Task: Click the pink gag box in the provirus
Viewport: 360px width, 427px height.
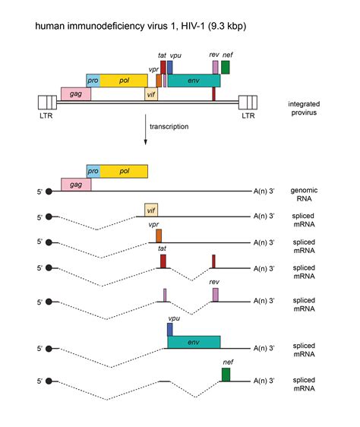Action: coord(76,94)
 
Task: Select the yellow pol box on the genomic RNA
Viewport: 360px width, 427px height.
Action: coord(124,171)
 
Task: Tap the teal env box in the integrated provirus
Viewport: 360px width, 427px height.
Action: coord(194,81)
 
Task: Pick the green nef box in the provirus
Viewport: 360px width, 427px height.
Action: coord(226,68)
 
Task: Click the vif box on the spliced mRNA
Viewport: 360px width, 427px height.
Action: coord(151,210)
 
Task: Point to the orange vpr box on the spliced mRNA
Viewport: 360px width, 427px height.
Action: coord(159,236)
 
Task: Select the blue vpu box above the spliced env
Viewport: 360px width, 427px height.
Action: coord(169,330)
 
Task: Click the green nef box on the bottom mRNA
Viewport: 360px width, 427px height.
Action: coord(226,375)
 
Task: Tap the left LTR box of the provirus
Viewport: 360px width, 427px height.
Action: coord(47,103)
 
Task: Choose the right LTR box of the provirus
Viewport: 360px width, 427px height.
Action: coord(248,103)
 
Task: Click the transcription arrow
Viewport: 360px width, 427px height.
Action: coord(145,130)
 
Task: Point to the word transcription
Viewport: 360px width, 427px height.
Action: coord(169,127)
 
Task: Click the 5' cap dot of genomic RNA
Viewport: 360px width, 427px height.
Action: coord(49,191)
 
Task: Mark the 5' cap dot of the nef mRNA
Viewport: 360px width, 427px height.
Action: coord(49,381)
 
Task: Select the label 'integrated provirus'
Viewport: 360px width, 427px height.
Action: coord(304,108)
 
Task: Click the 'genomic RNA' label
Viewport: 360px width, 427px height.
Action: coord(304,195)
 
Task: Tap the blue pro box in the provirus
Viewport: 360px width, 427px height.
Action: coord(93,81)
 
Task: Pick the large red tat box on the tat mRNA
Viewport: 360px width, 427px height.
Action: coord(163,261)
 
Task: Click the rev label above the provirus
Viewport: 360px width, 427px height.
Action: coord(214,55)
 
